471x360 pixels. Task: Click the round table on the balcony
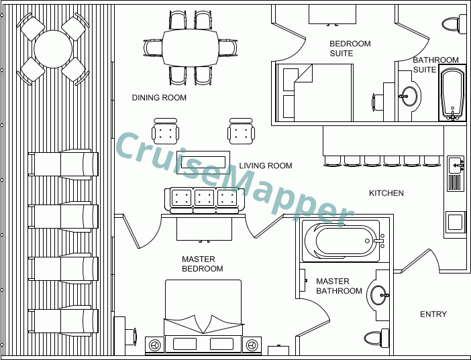coord(53,49)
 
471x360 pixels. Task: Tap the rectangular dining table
coord(191,48)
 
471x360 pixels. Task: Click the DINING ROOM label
coord(159,98)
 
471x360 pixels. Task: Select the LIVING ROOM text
coord(266,166)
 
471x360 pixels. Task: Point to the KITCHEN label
coord(386,193)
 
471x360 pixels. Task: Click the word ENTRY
coord(433,314)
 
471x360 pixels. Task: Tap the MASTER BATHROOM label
coord(339,286)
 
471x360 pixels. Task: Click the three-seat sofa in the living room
coord(204,200)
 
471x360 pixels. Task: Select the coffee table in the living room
coord(203,162)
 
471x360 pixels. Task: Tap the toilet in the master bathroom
coord(376,338)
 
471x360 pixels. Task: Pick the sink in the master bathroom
coord(379,295)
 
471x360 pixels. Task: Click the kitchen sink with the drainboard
coord(456,174)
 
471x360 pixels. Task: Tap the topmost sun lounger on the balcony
coord(63,164)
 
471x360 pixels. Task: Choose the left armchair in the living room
coord(165,131)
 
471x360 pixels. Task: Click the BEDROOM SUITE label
coord(350,48)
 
